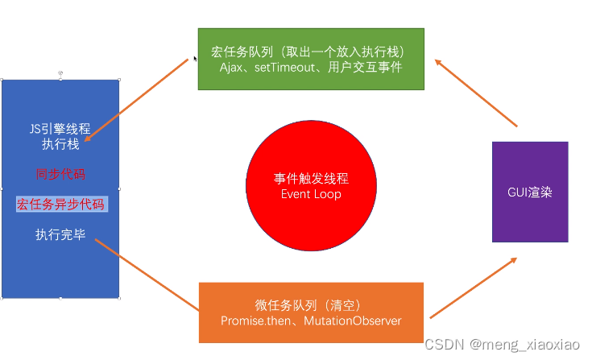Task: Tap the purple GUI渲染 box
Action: click(x=530, y=192)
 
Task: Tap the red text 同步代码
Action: click(x=60, y=174)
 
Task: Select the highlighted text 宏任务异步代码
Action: click(x=60, y=204)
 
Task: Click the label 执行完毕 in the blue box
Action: click(x=60, y=234)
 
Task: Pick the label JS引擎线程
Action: click(x=60, y=129)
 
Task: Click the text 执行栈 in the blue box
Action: click(x=60, y=145)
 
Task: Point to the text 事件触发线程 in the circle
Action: click(x=310, y=179)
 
